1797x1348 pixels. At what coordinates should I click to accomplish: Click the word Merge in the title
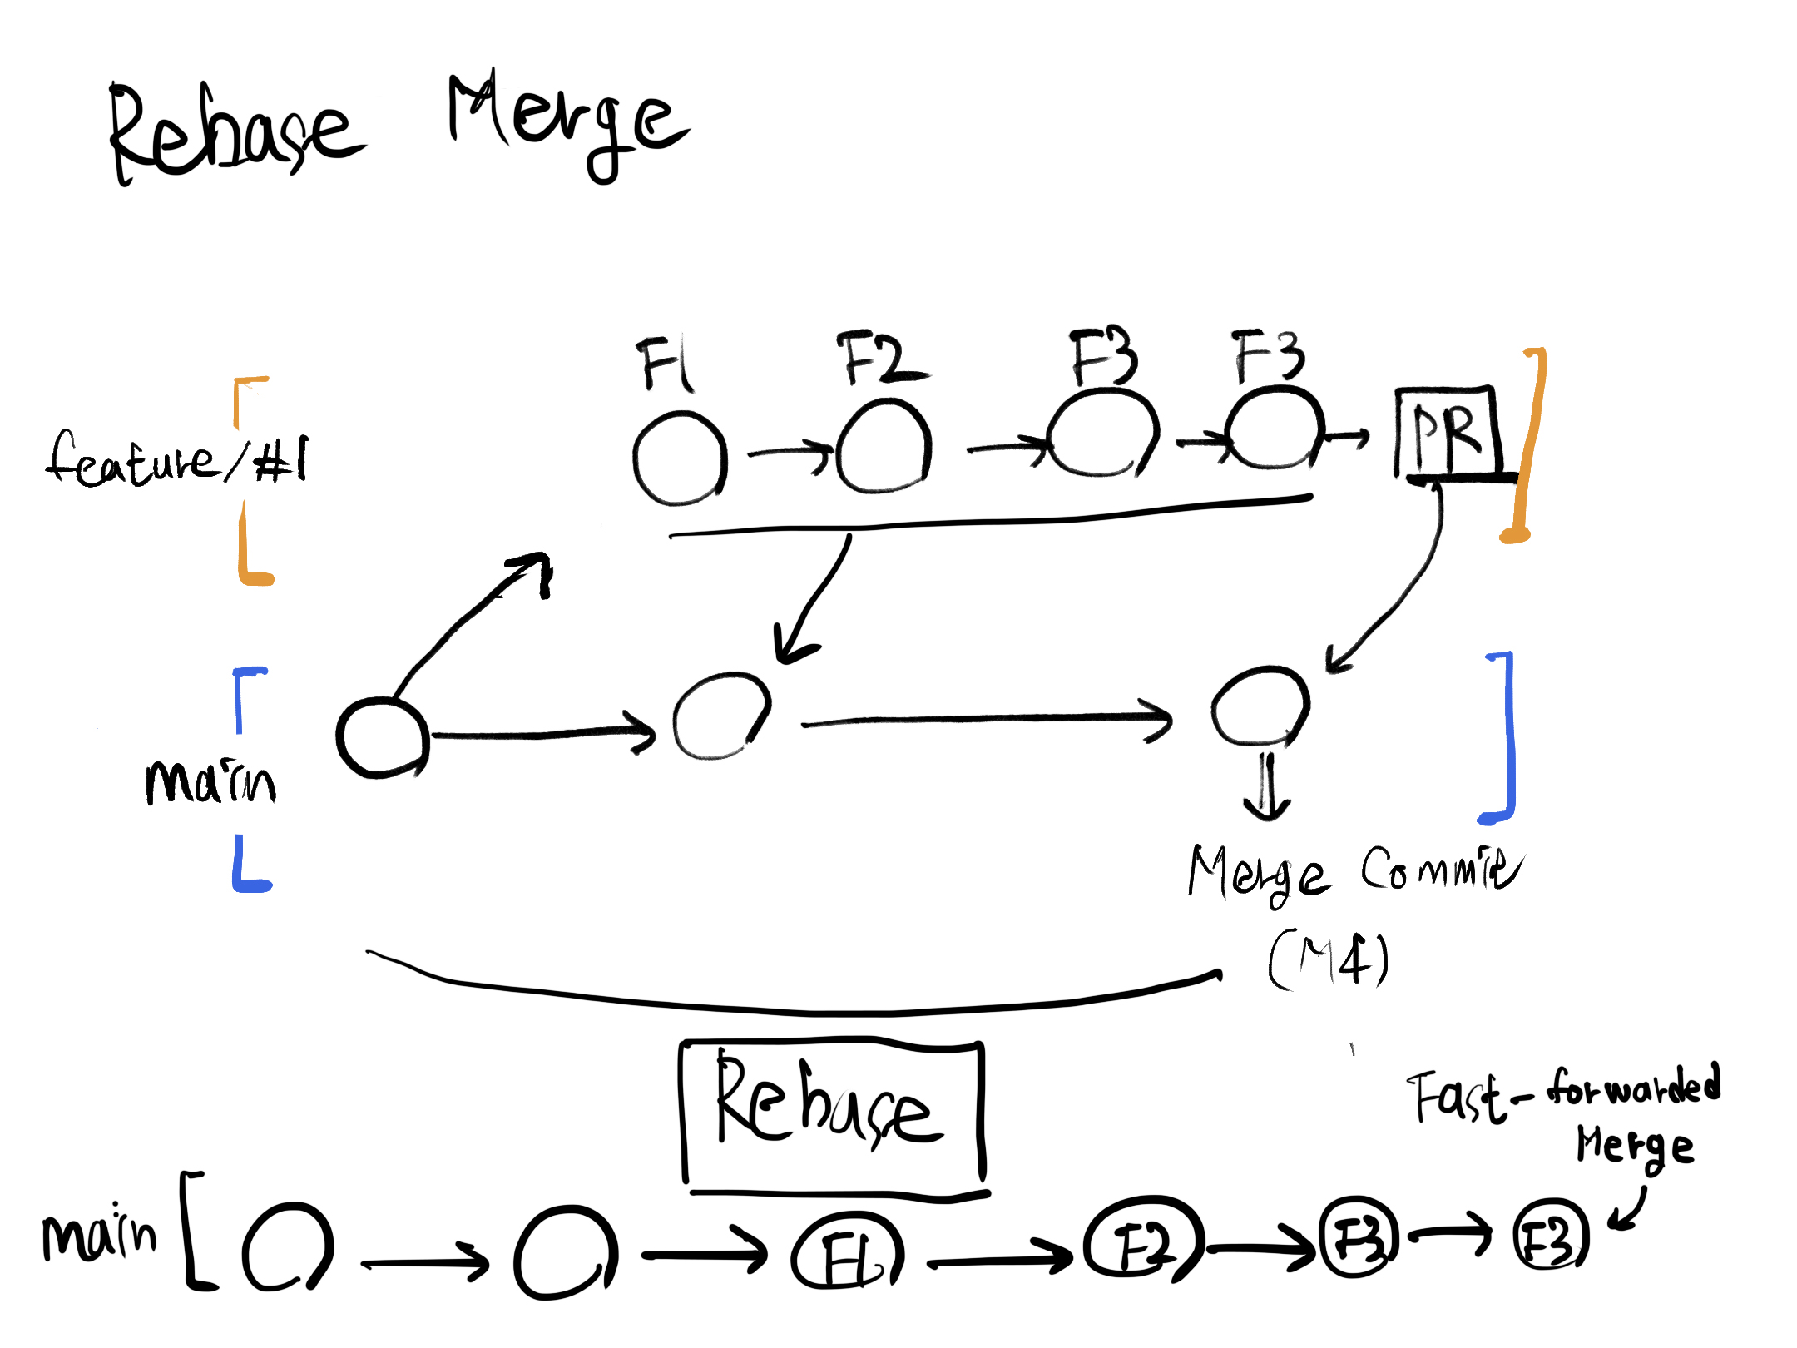pos(566,125)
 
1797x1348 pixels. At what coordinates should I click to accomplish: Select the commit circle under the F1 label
pos(680,459)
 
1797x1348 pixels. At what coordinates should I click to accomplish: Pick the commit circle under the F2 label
pos(884,447)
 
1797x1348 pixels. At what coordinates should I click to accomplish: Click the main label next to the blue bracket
pos(210,782)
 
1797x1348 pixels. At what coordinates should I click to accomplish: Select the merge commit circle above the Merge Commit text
pos(1260,706)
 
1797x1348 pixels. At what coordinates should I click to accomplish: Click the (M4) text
pos(1329,961)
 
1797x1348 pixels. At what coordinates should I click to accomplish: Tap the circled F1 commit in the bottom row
pos(847,1251)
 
